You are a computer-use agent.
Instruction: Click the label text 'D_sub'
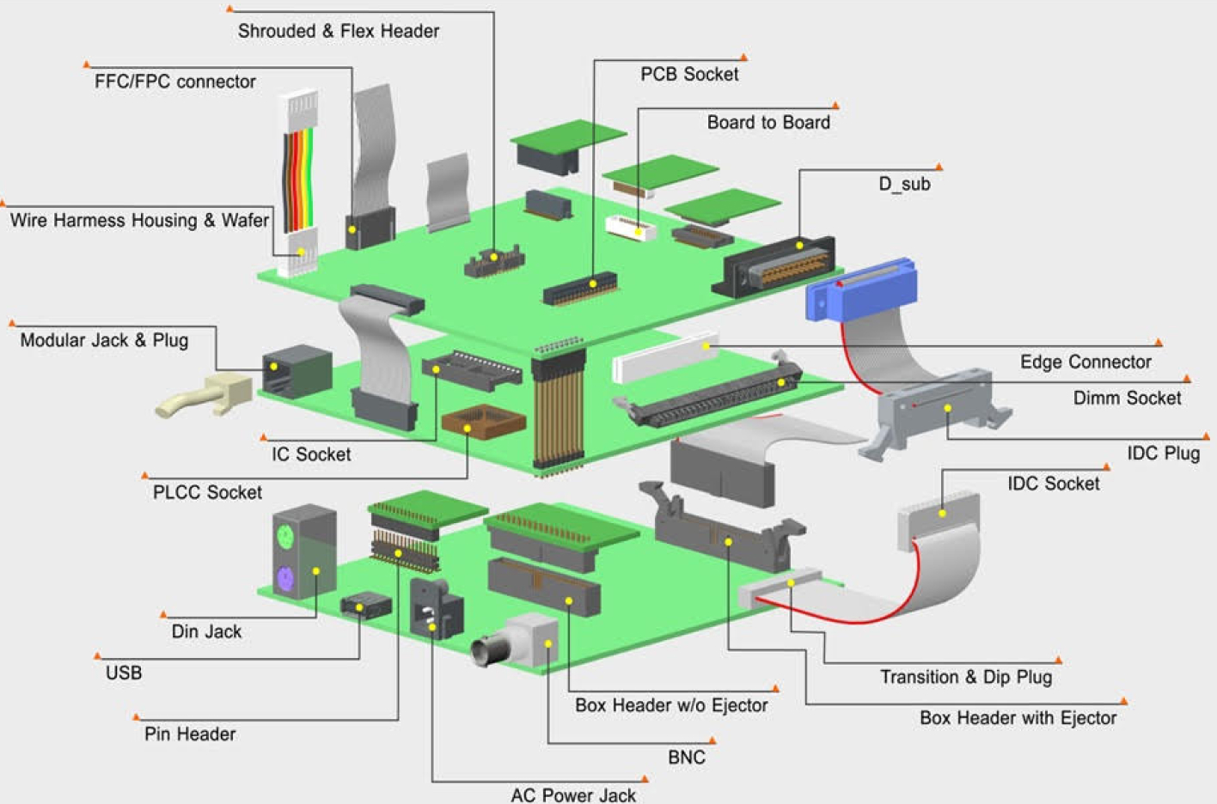click(x=904, y=184)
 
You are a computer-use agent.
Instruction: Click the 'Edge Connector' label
click(x=1086, y=362)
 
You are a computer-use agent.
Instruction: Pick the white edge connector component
click(x=664, y=357)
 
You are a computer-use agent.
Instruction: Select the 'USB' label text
click(x=124, y=673)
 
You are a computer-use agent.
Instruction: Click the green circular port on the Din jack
click(x=285, y=538)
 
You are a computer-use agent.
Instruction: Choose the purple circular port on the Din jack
click(x=285, y=578)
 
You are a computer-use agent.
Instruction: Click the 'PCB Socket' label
click(x=689, y=74)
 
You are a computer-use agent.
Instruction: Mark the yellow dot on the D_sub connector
click(x=799, y=246)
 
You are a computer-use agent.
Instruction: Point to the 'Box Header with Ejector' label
click(x=1018, y=718)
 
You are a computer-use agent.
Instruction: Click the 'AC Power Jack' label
click(x=573, y=795)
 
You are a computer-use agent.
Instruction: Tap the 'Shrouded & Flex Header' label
click(x=339, y=31)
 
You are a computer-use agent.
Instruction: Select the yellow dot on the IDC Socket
click(x=942, y=514)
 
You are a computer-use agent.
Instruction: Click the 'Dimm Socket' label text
click(x=1127, y=398)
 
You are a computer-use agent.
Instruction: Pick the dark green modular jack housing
click(x=297, y=371)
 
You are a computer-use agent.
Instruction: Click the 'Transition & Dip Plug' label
click(x=966, y=677)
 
